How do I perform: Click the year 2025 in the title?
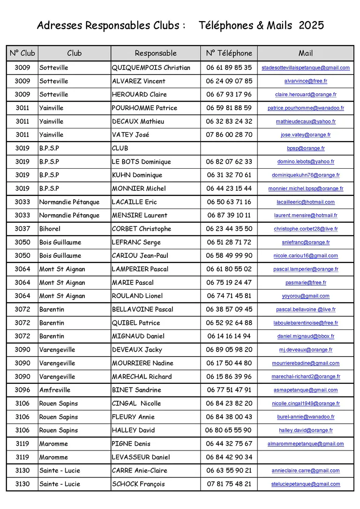tap(311, 25)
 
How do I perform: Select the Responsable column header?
tap(156, 53)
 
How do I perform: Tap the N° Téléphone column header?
tap(229, 53)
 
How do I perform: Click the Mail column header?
tap(306, 53)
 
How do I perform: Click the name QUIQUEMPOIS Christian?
tap(151, 67)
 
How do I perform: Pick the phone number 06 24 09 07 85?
tap(229, 81)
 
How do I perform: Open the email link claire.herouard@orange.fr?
tap(306, 95)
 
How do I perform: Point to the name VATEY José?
tap(130, 135)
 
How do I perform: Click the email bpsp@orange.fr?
tap(306, 148)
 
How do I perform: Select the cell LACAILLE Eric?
tap(134, 202)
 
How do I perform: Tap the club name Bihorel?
tap(50, 229)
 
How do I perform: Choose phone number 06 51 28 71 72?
tap(229, 242)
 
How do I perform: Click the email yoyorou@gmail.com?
tap(306, 296)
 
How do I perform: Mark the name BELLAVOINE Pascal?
tap(142, 309)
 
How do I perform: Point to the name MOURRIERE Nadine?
tap(142, 363)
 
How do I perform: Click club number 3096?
tap(22, 390)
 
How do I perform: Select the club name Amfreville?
tap(55, 390)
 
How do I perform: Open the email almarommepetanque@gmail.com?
tap(306, 444)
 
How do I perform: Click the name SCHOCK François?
tap(138, 484)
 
